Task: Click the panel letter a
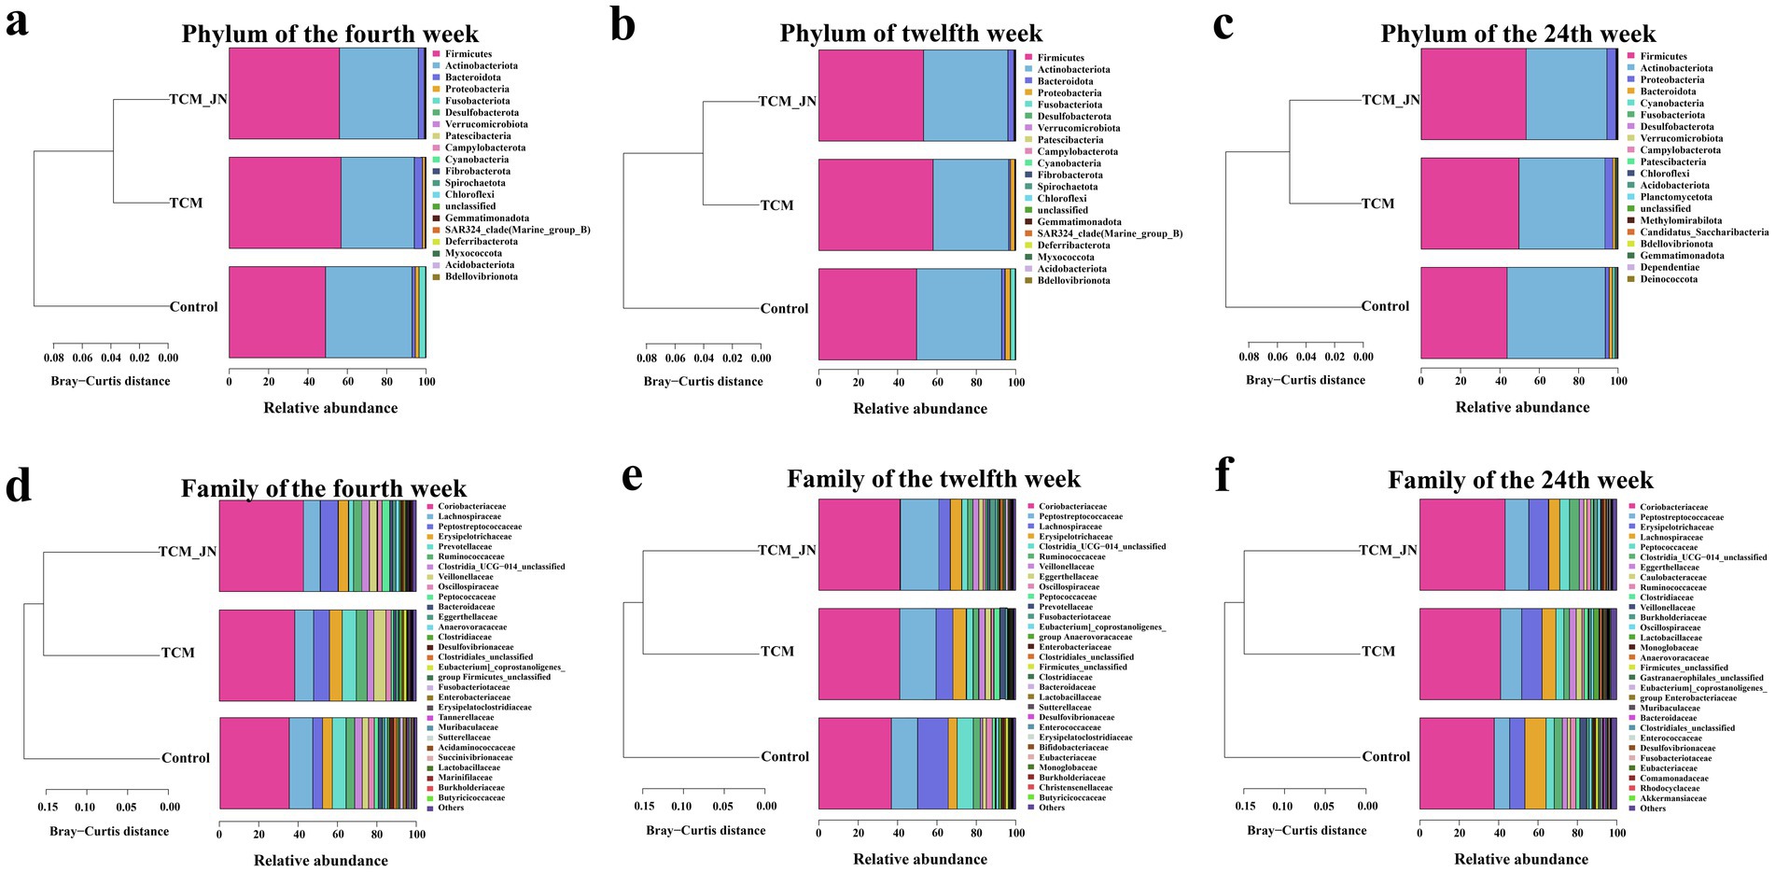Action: pos(16,22)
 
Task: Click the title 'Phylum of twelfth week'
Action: pos(911,34)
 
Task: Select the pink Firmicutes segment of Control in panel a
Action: pos(277,312)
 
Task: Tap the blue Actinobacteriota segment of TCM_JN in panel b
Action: pos(965,95)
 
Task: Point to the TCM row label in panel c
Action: pos(1377,204)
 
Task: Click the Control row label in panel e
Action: pos(784,756)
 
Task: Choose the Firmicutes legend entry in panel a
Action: pos(468,54)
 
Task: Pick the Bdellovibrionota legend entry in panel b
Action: pos(1073,280)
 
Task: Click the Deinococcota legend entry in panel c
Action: pos(1669,279)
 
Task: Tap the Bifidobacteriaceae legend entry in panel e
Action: pos(1073,747)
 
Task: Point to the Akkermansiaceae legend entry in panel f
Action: pos(1673,798)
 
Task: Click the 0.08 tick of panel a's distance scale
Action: pos(54,358)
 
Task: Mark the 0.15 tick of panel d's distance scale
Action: pos(48,807)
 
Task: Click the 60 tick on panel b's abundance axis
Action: pos(937,382)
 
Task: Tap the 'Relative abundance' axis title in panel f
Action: pos(1521,859)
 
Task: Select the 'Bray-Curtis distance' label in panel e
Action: pos(706,830)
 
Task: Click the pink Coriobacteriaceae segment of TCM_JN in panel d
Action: pos(261,545)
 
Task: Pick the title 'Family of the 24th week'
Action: pos(1520,480)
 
